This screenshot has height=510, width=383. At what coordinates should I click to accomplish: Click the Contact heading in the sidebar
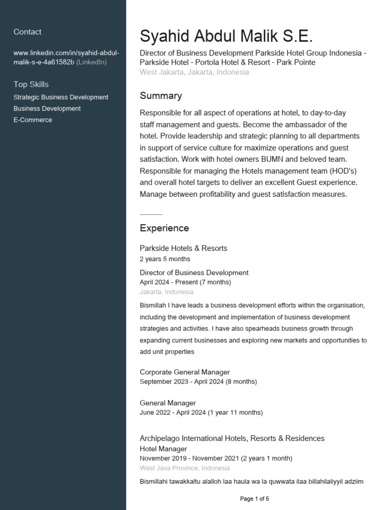27,32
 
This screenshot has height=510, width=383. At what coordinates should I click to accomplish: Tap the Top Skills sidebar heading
31,85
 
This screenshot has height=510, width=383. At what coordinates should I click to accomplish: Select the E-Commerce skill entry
33,120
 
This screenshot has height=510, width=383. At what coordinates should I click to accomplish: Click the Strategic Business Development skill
61,98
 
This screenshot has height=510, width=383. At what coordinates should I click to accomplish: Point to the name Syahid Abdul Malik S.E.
226,36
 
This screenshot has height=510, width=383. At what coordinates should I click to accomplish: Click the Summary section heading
161,96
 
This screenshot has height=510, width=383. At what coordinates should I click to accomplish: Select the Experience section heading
164,228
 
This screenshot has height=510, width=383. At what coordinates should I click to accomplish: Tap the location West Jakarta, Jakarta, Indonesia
194,72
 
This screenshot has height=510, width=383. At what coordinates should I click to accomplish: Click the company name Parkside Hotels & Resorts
183,248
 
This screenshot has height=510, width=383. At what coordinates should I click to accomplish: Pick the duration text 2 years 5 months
165,259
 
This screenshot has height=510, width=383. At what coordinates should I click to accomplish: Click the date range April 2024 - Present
185,282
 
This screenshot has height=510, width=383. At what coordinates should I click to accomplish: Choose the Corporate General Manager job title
185,372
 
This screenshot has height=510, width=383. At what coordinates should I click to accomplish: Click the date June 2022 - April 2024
201,412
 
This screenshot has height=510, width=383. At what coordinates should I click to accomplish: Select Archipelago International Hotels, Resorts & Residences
232,438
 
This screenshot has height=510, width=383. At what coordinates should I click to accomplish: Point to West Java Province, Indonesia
185,468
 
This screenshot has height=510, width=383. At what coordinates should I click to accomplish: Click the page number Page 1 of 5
254,499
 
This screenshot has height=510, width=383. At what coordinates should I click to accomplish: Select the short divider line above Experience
151,214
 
